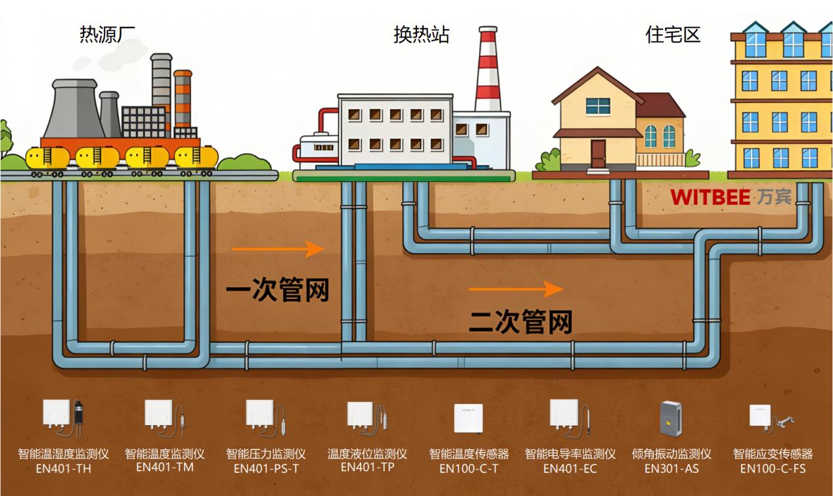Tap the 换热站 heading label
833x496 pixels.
pyautogui.click(x=421, y=34)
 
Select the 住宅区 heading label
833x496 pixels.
pyautogui.click(x=673, y=34)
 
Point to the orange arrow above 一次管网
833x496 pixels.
pyautogui.click(x=278, y=249)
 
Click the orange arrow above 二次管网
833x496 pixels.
pyautogui.click(x=516, y=288)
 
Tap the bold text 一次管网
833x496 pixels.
pyautogui.click(x=277, y=290)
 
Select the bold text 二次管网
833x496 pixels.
pyautogui.click(x=520, y=322)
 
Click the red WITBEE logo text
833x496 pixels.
pyautogui.click(x=709, y=196)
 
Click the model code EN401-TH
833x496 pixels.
pyautogui.click(x=63, y=468)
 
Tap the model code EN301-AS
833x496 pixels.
pyautogui.click(x=671, y=468)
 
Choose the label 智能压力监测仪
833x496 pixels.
pyautogui.click(x=265, y=454)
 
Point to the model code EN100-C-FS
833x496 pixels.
pyautogui.click(x=773, y=468)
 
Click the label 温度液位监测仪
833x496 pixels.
pyautogui.click(x=367, y=454)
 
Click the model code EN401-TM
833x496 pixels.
pyautogui.click(x=164, y=467)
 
